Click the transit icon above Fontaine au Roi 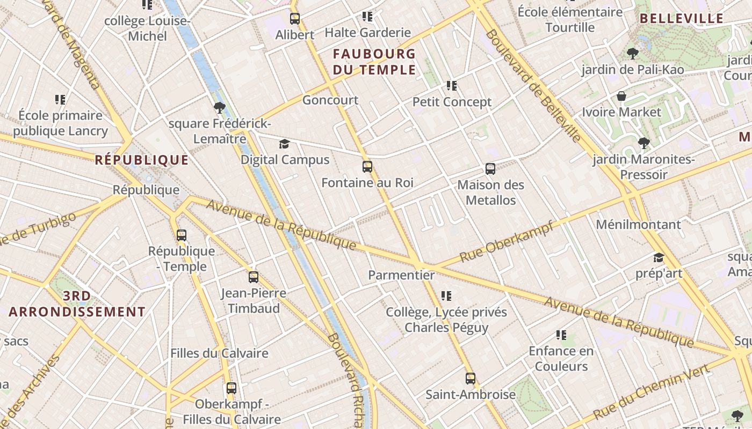367,167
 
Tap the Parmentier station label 401,275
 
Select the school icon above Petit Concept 452,86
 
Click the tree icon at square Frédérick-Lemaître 219,108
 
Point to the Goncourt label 330,100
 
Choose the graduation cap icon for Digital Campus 284,144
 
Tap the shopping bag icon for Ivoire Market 621,97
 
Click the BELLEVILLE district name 682,19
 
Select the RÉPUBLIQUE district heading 142,160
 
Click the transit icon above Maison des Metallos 490,169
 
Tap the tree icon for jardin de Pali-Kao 633,54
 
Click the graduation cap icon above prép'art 659,258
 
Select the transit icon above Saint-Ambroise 471,379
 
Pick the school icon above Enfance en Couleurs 561,335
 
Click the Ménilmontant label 638,224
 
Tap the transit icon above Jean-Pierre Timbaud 254,277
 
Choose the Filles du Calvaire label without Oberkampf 219,353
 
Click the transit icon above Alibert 295,19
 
